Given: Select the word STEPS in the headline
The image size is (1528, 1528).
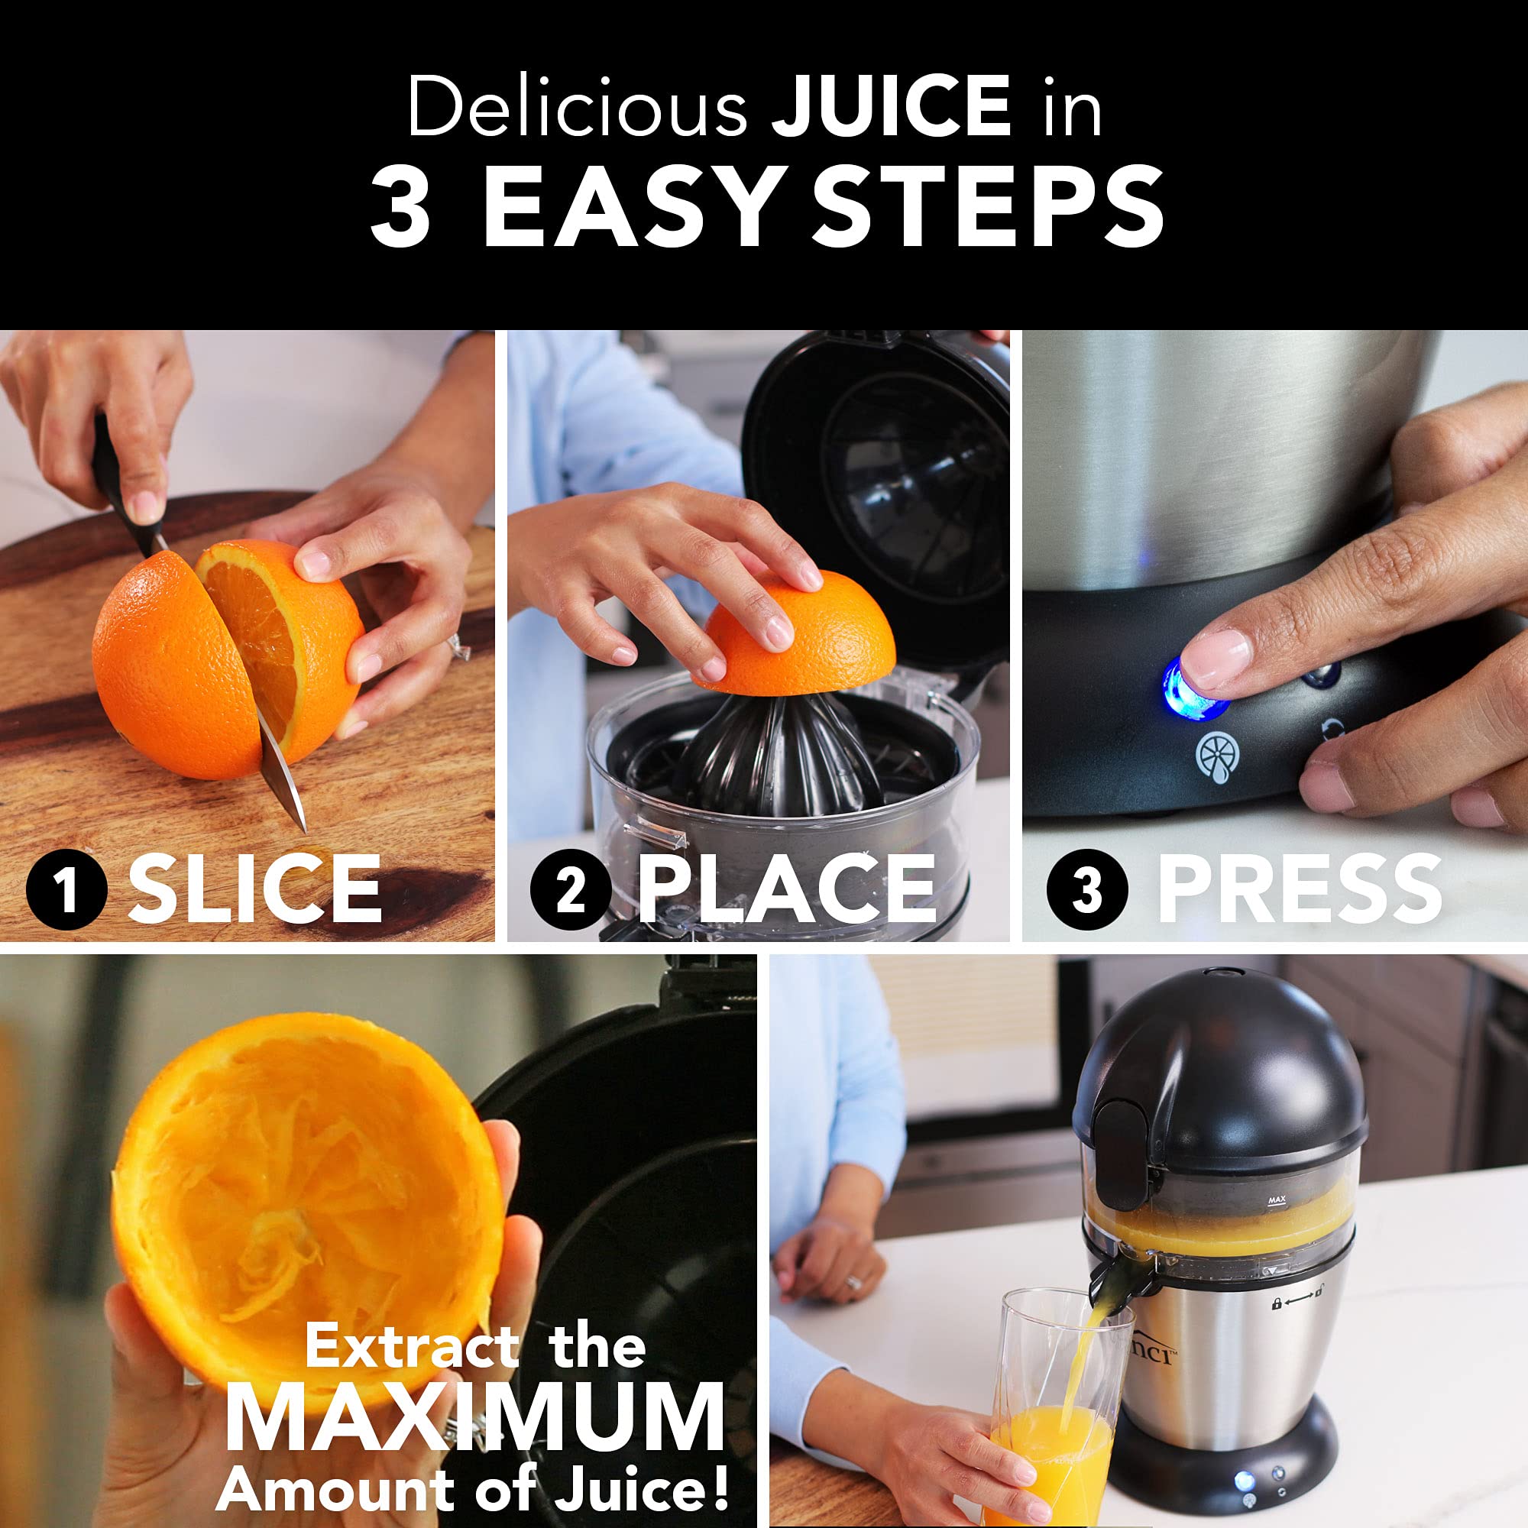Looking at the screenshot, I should click(x=988, y=208).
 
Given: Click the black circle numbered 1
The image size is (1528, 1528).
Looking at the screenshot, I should click(x=66, y=889).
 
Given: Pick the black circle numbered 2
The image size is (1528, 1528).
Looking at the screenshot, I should click(x=570, y=889).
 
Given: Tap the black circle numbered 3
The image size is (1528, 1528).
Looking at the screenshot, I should click(x=1086, y=889).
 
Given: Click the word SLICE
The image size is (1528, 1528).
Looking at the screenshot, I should click(x=254, y=889).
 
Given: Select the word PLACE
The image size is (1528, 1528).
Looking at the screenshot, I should click(x=786, y=889).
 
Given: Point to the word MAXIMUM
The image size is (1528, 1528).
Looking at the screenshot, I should click(x=474, y=1416).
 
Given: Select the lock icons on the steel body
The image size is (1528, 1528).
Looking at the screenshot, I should click(x=1297, y=1303).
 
